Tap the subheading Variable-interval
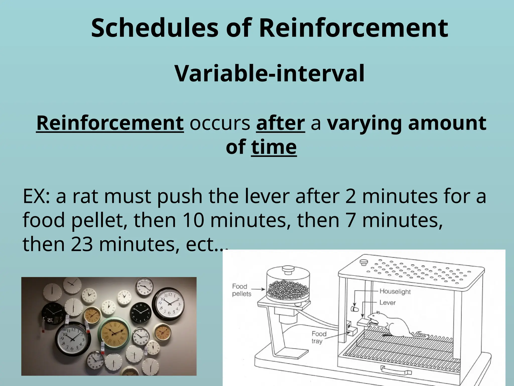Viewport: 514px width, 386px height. tap(269, 73)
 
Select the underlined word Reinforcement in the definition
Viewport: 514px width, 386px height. tap(110, 123)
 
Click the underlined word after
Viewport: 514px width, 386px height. tap(280, 123)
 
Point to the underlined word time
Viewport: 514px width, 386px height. tap(274, 147)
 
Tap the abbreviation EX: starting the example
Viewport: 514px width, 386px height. tap(36, 196)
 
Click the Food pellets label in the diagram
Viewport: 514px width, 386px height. tap(241, 290)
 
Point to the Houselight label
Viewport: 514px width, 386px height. tap(395, 291)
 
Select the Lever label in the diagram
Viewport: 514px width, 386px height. tap(387, 303)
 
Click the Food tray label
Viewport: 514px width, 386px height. tap(319, 337)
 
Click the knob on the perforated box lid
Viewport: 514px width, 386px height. tap(363, 262)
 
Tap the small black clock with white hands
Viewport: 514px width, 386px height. tap(141, 313)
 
